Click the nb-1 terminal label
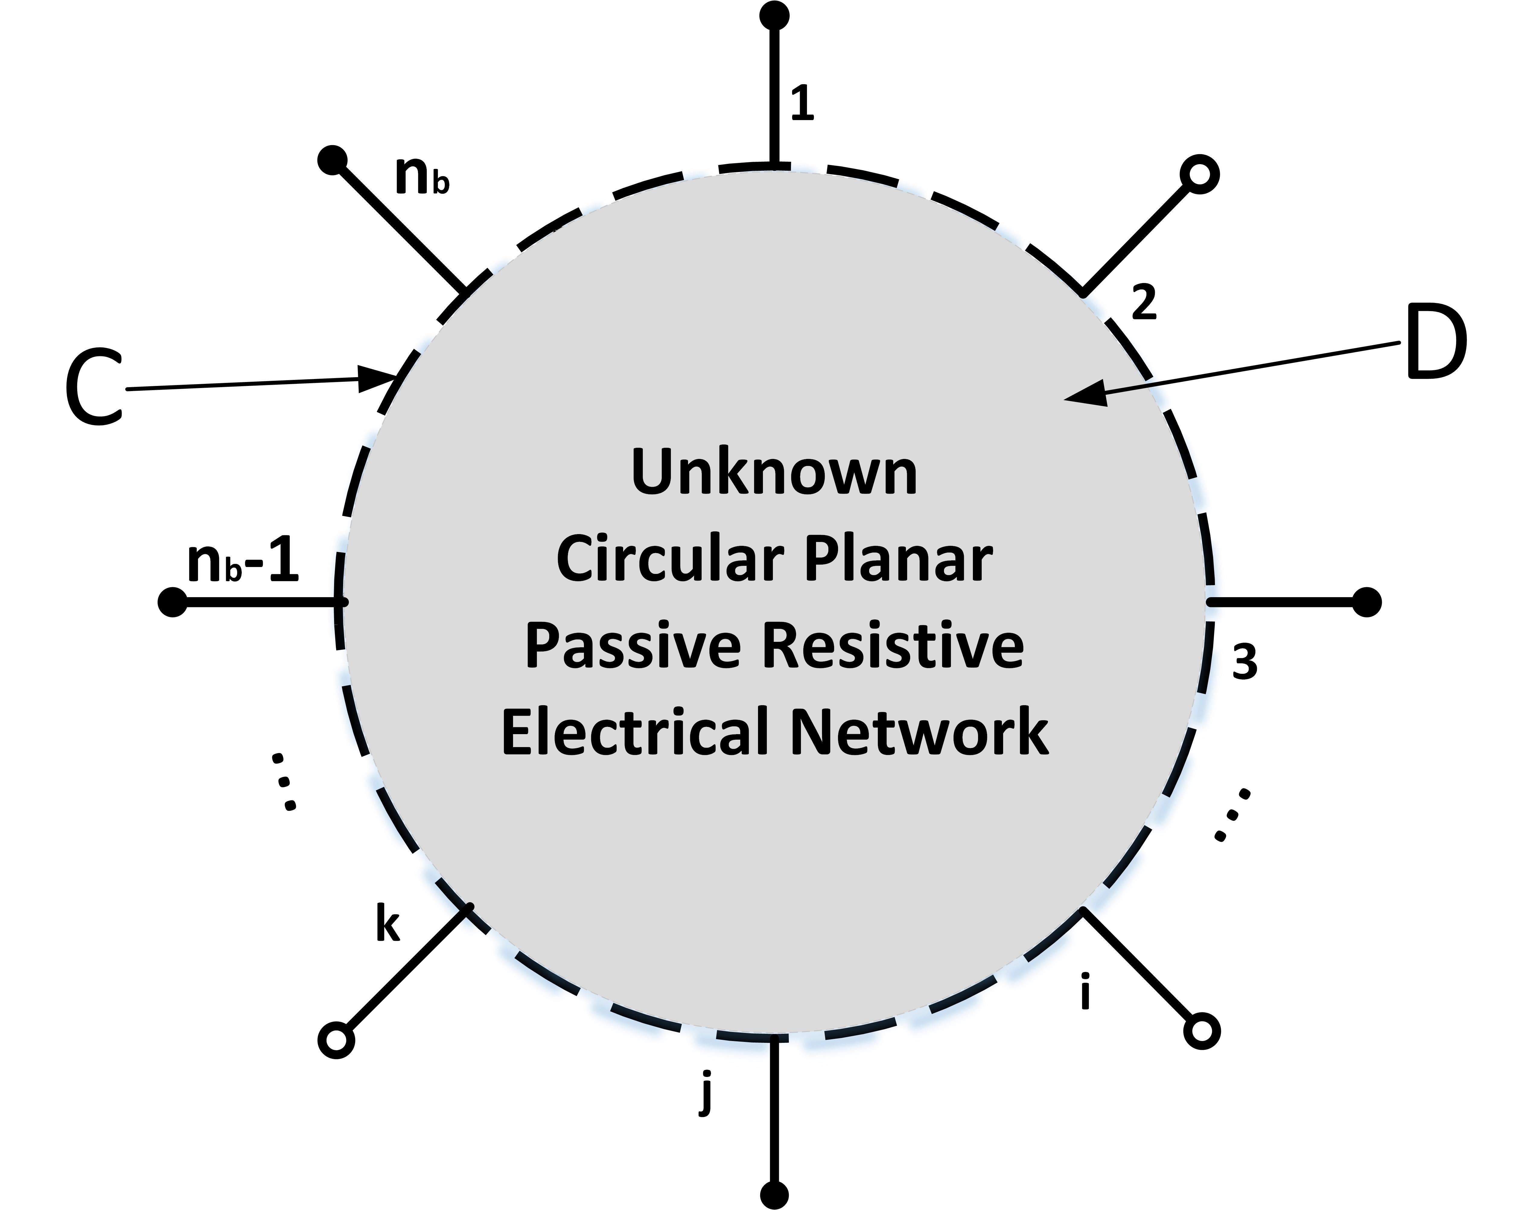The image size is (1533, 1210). (243, 563)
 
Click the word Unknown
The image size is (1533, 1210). (774, 473)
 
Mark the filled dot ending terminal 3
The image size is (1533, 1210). (1366, 602)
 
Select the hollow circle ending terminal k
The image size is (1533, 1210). (336, 1040)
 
